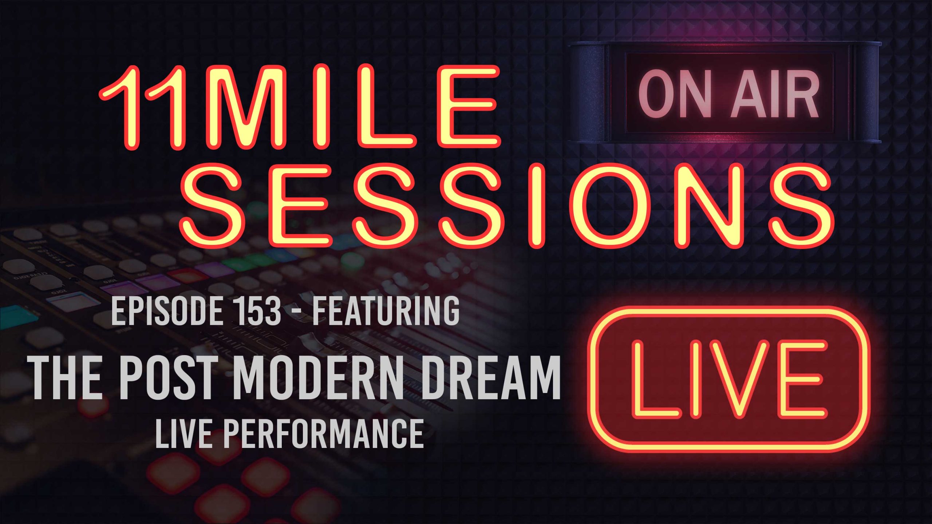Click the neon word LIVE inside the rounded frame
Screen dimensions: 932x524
coord(728,378)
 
